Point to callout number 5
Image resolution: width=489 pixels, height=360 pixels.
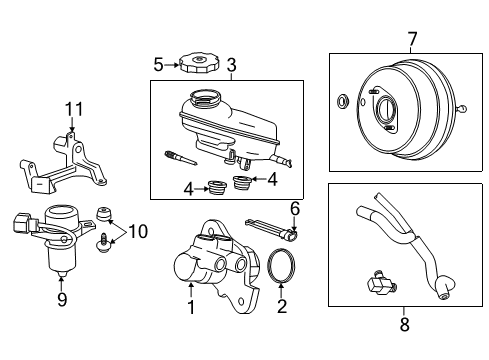coord(158,66)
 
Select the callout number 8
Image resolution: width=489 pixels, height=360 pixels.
coord(404,323)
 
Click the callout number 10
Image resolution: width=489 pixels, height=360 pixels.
coord(137,232)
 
